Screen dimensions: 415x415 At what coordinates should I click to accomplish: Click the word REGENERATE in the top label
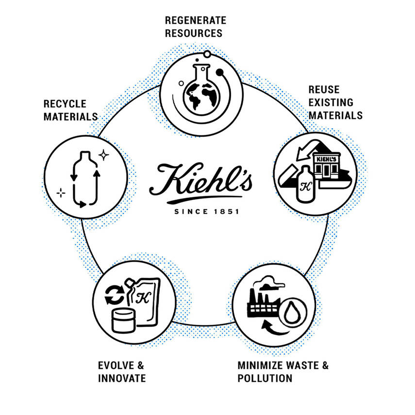tap(196, 20)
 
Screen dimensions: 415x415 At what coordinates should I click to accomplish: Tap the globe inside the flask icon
tap(202, 96)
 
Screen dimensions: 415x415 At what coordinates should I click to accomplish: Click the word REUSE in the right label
tap(324, 90)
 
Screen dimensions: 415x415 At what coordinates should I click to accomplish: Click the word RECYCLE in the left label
tap(65, 104)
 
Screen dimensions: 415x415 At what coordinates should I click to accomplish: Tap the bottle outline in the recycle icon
tap(85, 179)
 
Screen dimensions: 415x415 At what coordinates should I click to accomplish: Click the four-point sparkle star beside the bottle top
tap(103, 155)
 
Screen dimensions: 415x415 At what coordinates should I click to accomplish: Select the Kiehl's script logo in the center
tap(200, 183)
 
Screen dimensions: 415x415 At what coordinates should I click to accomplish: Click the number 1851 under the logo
tap(227, 212)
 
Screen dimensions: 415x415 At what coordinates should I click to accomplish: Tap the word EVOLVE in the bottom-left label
tap(115, 365)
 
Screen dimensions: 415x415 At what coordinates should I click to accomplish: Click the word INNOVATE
tap(122, 378)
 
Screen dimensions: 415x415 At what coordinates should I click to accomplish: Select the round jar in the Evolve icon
tap(123, 321)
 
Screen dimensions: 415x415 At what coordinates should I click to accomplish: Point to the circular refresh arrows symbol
tap(115, 295)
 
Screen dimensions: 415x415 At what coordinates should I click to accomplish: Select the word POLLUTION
tap(265, 378)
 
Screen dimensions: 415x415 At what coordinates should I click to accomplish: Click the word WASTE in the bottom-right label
tap(302, 365)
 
